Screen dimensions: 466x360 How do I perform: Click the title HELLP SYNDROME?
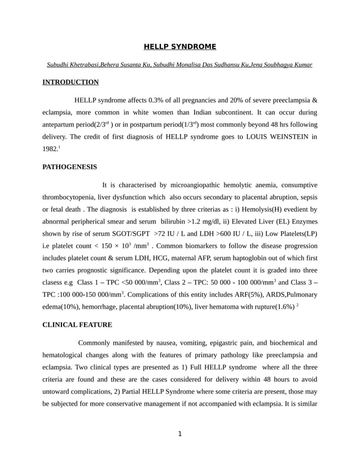click(x=179, y=46)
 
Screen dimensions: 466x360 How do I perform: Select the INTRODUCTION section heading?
click(x=71, y=82)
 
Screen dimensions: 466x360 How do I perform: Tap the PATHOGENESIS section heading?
click(x=69, y=167)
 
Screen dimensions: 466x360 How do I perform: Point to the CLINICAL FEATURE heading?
click(x=77, y=325)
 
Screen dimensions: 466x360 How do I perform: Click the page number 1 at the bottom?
click(x=179, y=434)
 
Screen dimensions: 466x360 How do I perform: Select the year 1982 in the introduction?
click(x=50, y=149)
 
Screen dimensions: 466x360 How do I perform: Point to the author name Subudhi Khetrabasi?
click(x=73, y=64)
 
